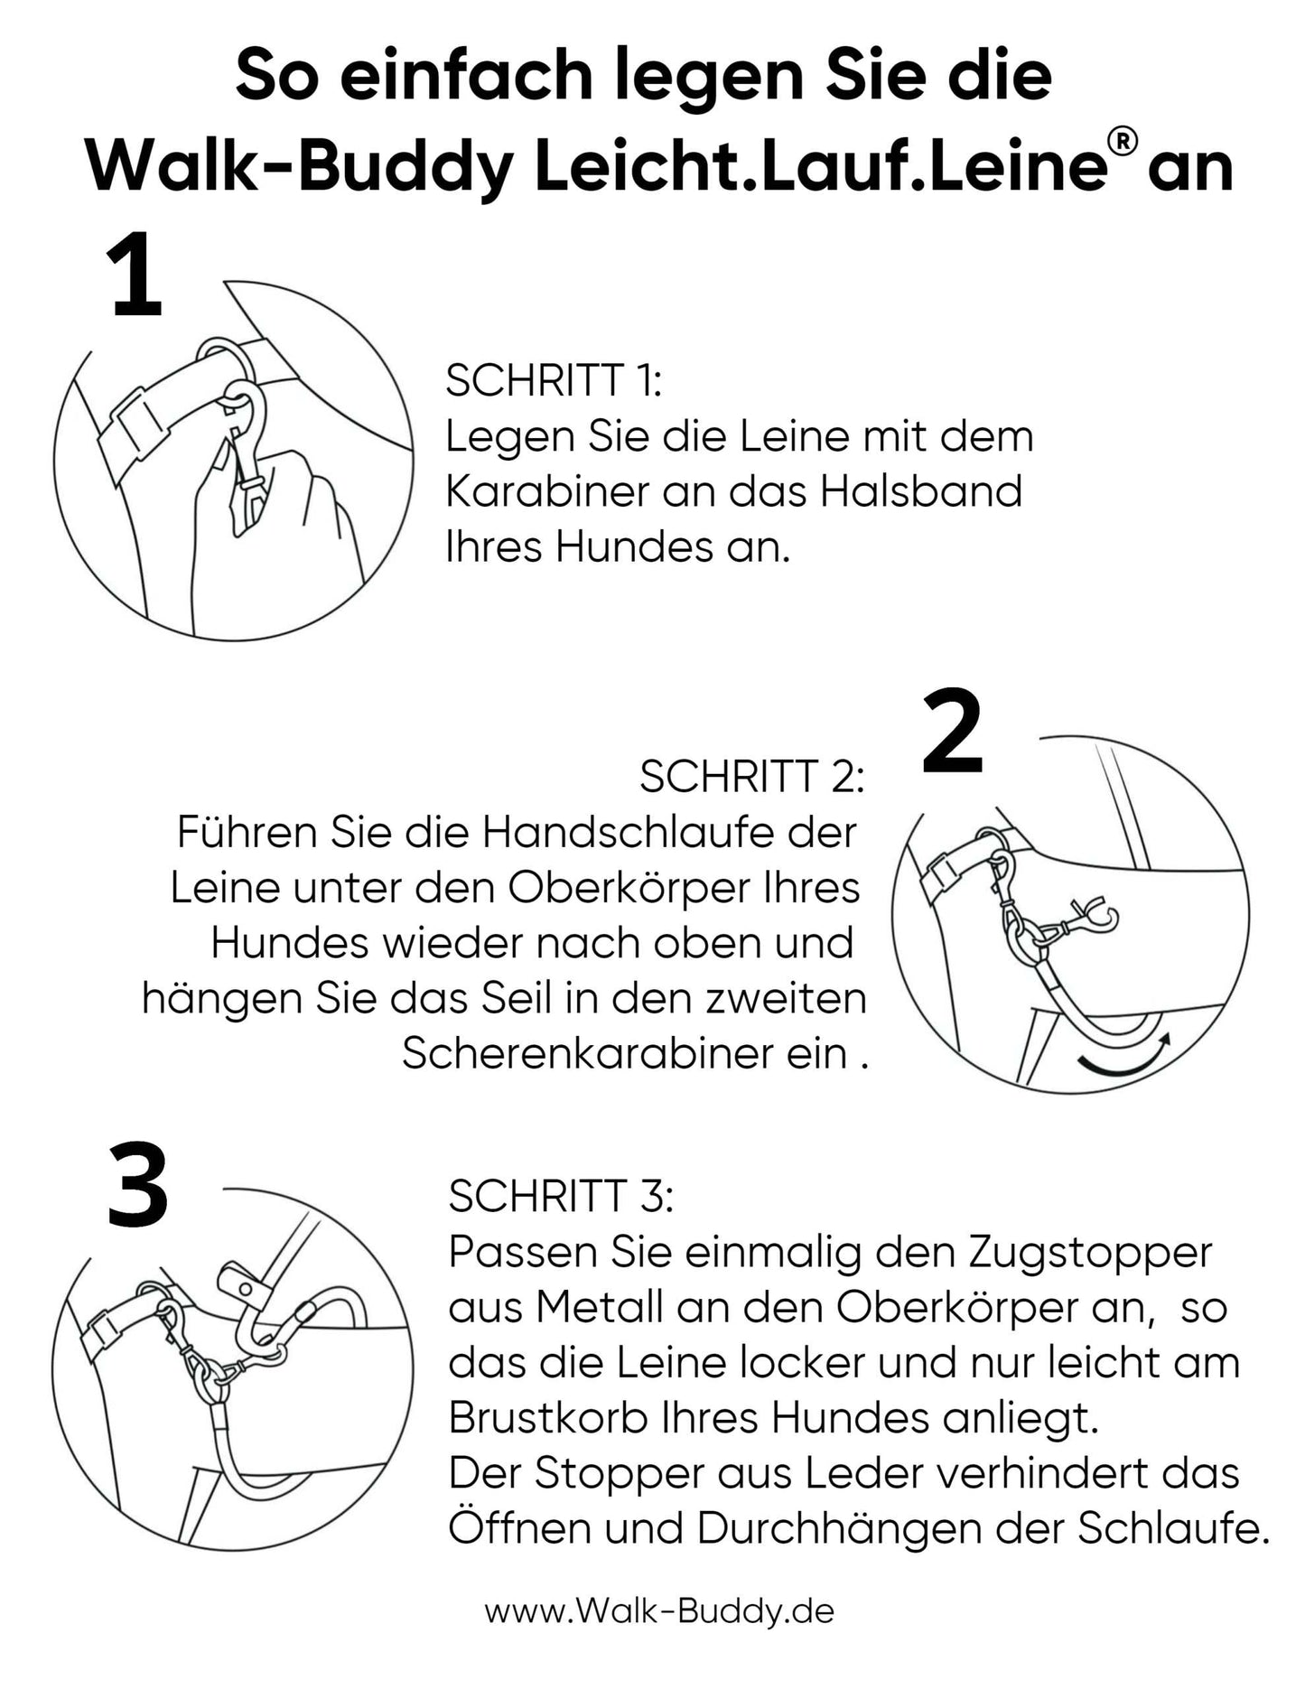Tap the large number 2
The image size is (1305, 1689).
pyautogui.click(x=953, y=733)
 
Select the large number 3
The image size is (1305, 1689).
pyautogui.click(x=137, y=1185)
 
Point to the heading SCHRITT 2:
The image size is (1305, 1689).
pyautogui.click(x=751, y=776)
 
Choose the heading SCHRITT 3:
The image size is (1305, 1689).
pyautogui.click(x=560, y=1197)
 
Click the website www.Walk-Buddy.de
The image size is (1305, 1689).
pyautogui.click(x=659, y=1610)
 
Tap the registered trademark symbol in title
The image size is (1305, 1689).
pyautogui.click(x=1123, y=143)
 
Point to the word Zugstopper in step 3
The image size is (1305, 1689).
pyautogui.click(x=1090, y=1253)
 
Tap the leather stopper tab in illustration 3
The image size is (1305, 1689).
pyautogui.click(x=238, y=1283)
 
